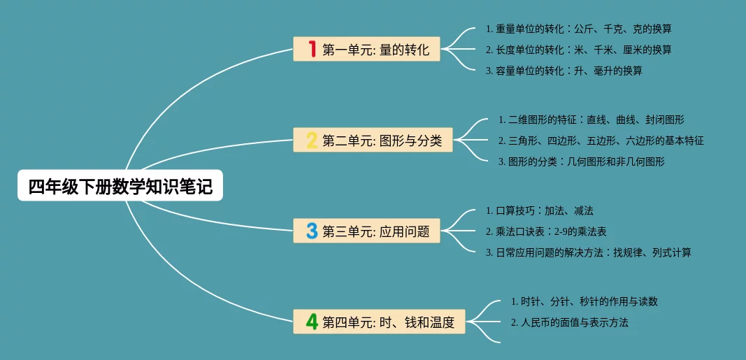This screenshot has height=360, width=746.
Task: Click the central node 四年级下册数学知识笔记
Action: pyautogui.click(x=120, y=186)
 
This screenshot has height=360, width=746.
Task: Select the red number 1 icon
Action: pyautogui.click(x=312, y=49)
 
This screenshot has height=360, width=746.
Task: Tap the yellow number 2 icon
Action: pyautogui.click(x=312, y=140)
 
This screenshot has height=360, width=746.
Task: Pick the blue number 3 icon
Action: pyautogui.click(x=312, y=231)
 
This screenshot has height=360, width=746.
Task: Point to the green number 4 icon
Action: pyautogui.click(x=312, y=322)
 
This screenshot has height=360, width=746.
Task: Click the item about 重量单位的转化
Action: pyautogui.click(x=578, y=29)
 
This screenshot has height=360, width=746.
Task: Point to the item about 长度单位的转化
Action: pyautogui.click(x=578, y=50)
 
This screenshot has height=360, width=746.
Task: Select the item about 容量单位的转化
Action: pyautogui.click(x=564, y=71)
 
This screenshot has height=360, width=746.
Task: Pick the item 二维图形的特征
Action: pyautogui.click(x=591, y=120)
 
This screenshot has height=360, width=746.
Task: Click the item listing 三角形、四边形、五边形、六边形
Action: pyautogui.click(x=601, y=141)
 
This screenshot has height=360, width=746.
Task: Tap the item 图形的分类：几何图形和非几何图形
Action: pyautogui.click(x=581, y=161)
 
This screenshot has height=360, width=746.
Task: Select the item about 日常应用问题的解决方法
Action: pyautogui.click(x=588, y=252)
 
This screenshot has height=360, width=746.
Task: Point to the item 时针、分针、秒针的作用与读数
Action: pyautogui.click(x=584, y=301)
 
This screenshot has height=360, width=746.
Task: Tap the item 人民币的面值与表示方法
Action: pyautogui.click(x=569, y=322)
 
